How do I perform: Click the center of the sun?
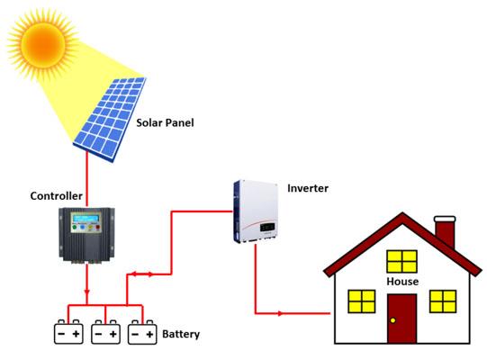click(x=43, y=44)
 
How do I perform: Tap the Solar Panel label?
click(x=165, y=122)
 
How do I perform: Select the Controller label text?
click(x=56, y=196)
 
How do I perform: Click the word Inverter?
click(x=308, y=188)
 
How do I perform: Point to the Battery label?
click(x=181, y=334)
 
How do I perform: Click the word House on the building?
click(x=402, y=282)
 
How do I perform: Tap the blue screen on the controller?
click(x=86, y=219)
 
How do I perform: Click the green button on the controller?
click(x=75, y=228)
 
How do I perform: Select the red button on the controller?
click(x=97, y=228)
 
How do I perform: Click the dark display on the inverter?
click(x=267, y=228)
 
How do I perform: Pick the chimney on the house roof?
click(x=446, y=232)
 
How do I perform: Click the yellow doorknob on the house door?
click(x=392, y=320)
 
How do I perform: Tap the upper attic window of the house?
click(x=401, y=262)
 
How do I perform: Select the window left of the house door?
click(x=362, y=301)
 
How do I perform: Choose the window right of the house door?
click(x=443, y=301)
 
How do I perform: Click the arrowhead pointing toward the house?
click(x=280, y=313)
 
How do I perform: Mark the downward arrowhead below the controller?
click(x=87, y=292)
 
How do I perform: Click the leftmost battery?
click(x=68, y=332)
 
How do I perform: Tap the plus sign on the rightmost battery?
click(x=149, y=334)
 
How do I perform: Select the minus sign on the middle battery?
click(x=98, y=334)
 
